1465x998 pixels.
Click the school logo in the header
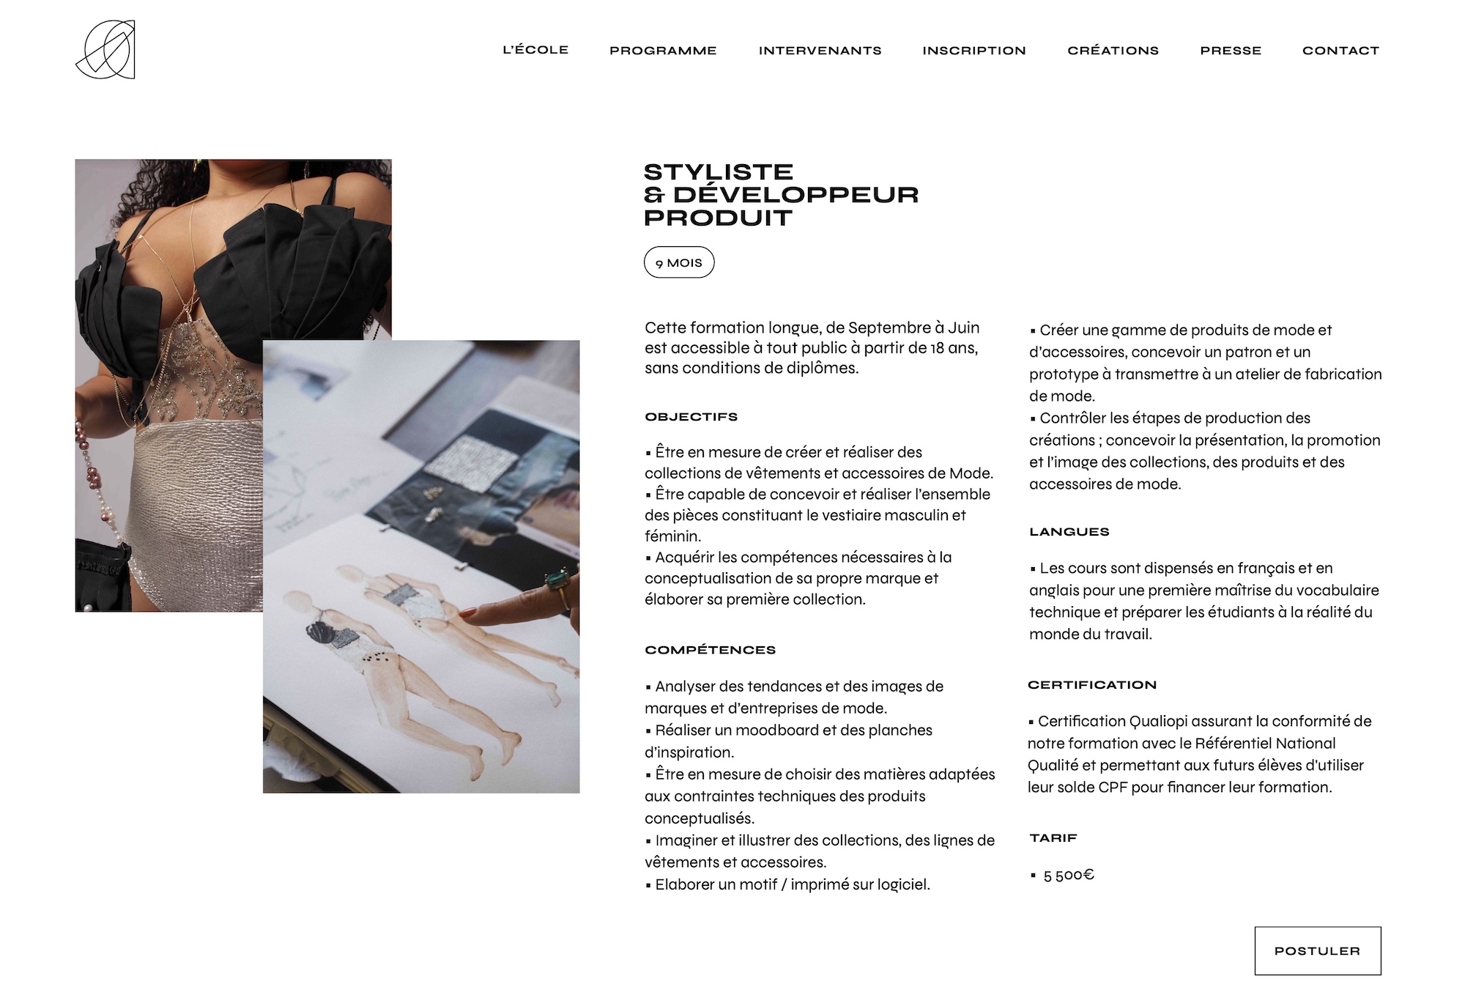click(x=105, y=50)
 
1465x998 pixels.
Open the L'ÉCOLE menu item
click(x=535, y=50)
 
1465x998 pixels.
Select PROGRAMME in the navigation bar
click(x=663, y=51)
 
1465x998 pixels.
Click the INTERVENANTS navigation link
click(x=820, y=51)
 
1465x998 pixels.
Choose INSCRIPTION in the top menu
click(x=974, y=51)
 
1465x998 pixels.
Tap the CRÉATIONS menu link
click(x=1113, y=51)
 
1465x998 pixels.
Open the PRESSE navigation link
click(x=1231, y=51)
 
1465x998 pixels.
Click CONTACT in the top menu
click(x=1340, y=51)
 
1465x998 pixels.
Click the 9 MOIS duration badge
click(x=679, y=262)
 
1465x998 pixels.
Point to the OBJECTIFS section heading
click(x=691, y=417)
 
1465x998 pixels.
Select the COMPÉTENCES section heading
click(x=711, y=650)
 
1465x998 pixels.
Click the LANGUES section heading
click(x=1069, y=532)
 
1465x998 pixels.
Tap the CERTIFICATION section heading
click(x=1092, y=685)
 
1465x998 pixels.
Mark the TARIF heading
click(x=1053, y=838)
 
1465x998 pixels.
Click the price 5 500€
click(x=1069, y=875)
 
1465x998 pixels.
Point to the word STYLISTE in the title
click(x=719, y=172)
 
